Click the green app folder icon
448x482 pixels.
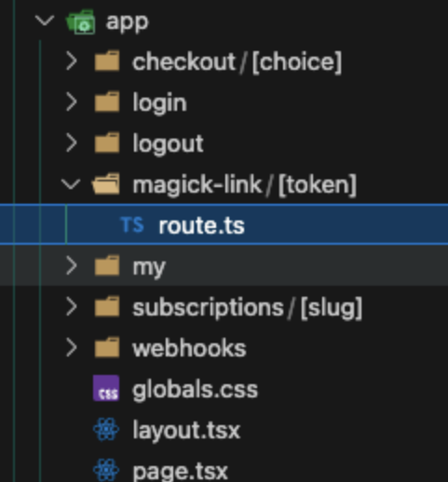(80, 21)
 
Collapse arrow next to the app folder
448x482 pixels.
(45, 21)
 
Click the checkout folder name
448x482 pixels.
(183, 61)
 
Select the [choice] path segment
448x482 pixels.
(297, 62)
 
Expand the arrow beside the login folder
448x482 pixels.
(72, 102)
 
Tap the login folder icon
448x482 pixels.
(107, 101)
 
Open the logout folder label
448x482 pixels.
(168, 143)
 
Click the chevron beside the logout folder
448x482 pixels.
(72, 143)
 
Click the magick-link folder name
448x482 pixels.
(197, 184)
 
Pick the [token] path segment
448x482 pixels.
(318, 185)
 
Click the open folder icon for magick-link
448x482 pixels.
(106, 184)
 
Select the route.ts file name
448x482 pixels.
(202, 225)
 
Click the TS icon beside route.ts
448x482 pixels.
(132, 224)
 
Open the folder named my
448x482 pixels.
(149, 267)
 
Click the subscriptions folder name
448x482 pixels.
(208, 308)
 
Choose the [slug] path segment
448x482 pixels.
(332, 308)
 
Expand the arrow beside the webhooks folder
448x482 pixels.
(72, 348)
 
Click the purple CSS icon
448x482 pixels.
(106, 388)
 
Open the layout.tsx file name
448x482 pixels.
(186, 430)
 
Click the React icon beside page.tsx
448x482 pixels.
(106, 470)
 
